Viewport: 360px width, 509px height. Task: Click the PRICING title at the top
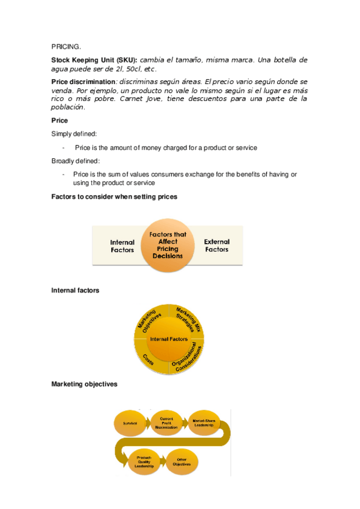[x=66, y=46]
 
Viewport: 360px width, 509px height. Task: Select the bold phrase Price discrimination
[x=84, y=81]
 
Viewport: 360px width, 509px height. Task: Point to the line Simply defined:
[x=75, y=134]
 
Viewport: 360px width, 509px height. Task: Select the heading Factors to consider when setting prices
[x=114, y=196]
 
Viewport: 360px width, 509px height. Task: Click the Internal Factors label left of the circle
[x=122, y=246]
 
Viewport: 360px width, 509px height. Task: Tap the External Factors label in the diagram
[x=216, y=245]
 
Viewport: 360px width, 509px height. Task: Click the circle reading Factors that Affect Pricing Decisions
[x=168, y=245]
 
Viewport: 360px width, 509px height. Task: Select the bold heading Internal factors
[x=75, y=291]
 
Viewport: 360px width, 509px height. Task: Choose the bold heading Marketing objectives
[x=84, y=384]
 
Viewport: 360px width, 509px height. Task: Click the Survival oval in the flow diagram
[x=130, y=424]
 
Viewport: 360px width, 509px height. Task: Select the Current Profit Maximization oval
[x=166, y=423]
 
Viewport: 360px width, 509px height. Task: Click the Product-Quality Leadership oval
[x=144, y=460]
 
